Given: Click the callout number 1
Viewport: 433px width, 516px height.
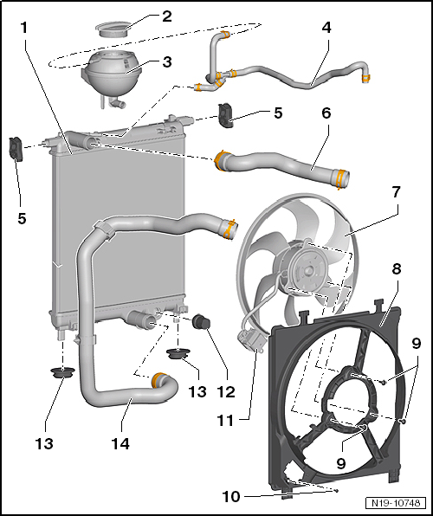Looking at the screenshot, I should click(28, 27).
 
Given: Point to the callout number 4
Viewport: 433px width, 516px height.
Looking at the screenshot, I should click(326, 27).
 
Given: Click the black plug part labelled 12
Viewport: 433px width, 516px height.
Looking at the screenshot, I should click(203, 325).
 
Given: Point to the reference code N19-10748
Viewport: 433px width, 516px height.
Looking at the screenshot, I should click(397, 502).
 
